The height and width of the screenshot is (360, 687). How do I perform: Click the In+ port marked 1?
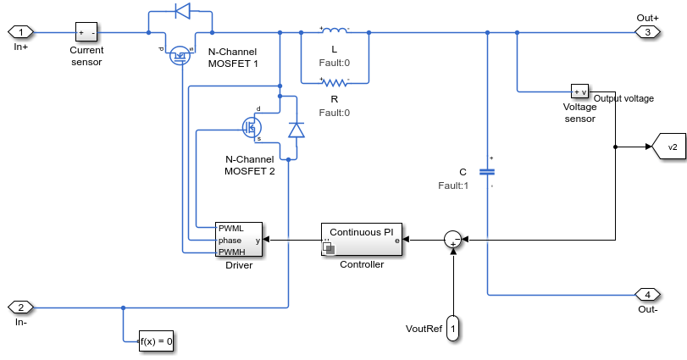tap(20, 32)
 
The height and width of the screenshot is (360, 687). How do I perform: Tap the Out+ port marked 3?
tap(647, 32)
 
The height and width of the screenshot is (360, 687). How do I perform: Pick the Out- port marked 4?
tap(647, 295)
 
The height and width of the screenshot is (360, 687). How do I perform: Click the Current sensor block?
tap(86, 32)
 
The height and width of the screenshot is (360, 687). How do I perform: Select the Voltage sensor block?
tap(579, 91)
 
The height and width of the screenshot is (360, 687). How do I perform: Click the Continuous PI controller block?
tap(363, 240)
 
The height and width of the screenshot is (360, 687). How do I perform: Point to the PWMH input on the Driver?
tap(230, 252)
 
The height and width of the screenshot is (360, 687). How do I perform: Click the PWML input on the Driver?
tap(230, 229)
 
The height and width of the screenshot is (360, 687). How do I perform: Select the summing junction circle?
tap(454, 240)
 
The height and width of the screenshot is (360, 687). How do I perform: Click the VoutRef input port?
tap(453, 327)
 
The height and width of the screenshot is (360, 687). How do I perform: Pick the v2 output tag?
tap(668, 147)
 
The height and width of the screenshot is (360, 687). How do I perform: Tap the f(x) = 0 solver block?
tap(157, 342)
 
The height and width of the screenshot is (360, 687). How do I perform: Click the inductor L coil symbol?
tap(335, 32)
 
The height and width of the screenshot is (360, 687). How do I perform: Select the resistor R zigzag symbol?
tap(335, 82)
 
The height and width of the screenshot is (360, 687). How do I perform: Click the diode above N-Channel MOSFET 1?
tap(181, 11)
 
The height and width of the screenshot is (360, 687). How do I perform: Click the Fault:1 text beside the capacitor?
tap(453, 186)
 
